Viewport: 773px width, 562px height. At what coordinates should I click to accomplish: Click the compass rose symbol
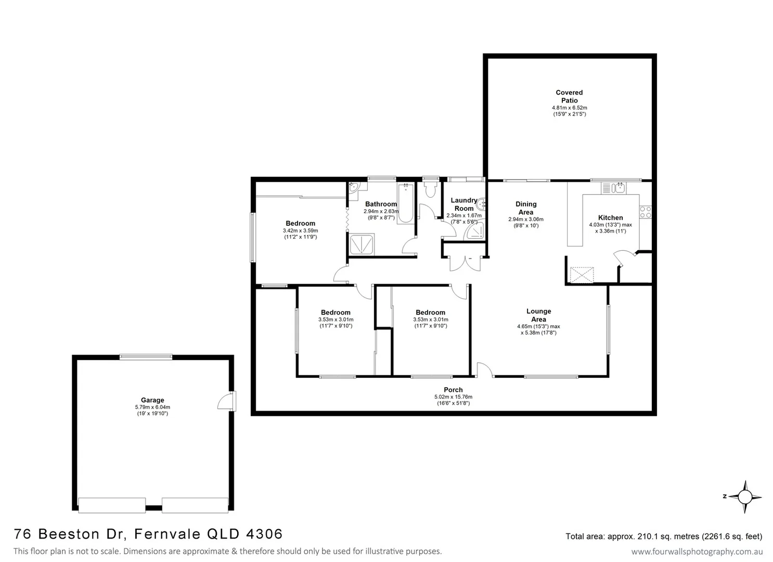(745, 496)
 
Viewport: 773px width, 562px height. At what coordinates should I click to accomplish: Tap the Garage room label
(152, 400)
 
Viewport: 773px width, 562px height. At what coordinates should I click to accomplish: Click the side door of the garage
(226, 401)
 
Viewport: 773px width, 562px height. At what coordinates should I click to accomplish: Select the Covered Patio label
(569, 96)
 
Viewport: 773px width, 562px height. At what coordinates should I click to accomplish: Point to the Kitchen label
(610, 218)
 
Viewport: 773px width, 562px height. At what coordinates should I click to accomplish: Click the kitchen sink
(613, 187)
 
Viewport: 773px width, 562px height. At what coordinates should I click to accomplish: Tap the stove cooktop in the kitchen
(645, 212)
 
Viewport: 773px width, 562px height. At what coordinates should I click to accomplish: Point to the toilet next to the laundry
(430, 188)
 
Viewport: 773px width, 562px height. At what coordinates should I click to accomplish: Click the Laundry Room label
(463, 204)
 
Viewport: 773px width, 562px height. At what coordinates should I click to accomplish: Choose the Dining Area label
(526, 208)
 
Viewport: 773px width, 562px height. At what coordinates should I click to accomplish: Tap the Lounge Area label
(538, 315)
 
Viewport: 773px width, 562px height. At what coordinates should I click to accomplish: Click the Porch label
(453, 390)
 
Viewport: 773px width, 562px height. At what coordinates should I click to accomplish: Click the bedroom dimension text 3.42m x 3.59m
(300, 231)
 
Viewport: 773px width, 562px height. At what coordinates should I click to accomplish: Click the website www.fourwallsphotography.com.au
(697, 552)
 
